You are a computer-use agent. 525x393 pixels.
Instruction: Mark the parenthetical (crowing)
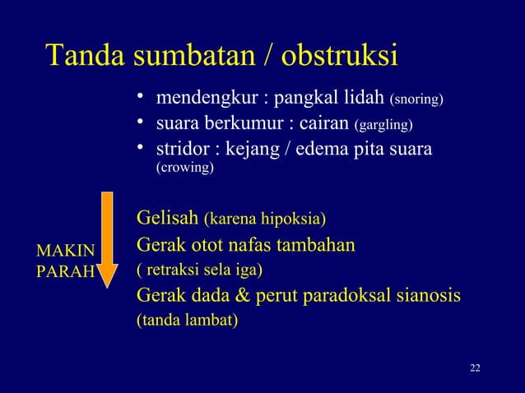tap(185, 169)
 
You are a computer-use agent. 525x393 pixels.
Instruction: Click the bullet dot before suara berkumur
tap(142, 124)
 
